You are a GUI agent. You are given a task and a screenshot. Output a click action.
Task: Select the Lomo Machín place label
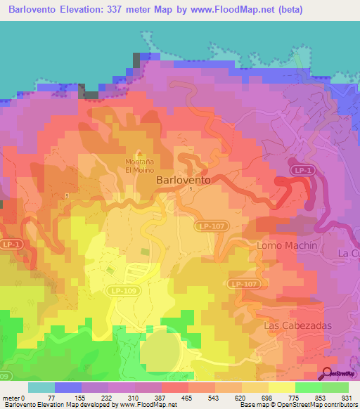[287, 245]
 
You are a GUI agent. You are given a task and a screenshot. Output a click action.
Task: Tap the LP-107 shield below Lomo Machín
[243, 283]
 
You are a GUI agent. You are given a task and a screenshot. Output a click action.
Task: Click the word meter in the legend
[11, 398]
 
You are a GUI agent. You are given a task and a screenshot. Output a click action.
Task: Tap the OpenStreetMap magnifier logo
[329, 373]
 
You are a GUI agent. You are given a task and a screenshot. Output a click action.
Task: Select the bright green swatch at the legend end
[335, 387]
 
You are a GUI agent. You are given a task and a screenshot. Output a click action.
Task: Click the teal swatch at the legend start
[41, 387]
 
